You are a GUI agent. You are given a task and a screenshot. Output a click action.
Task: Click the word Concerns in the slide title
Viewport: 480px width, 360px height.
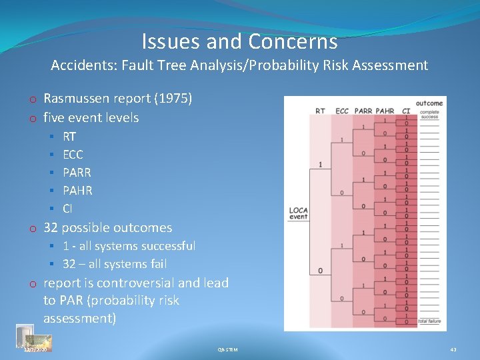[x=293, y=42]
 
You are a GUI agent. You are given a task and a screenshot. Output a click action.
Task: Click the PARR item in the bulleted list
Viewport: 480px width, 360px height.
[x=77, y=172]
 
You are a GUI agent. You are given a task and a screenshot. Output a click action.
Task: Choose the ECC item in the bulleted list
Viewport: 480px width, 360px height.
[x=73, y=154]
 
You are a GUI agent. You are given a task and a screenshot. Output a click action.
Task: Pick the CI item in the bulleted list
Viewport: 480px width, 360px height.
[x=69, y=208]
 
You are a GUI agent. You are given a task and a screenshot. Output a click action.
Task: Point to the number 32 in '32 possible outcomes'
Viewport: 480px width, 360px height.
[x=51, y=227]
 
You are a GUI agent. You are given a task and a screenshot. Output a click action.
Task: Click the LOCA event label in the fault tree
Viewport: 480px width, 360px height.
[x=298, y=213]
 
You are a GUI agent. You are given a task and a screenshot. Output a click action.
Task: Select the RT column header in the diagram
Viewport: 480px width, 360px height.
[x=320, y=111]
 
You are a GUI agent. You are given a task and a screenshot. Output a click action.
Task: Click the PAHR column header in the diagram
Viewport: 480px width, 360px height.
[x=385, y=111]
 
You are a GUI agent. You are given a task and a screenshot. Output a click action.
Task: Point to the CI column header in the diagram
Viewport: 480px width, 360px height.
[x=405, y=111]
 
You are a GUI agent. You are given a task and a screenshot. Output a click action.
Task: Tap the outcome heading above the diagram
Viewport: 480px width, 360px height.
[x=429, y=103]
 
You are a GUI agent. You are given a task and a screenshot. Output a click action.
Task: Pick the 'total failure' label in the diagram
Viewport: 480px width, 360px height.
[x=429, y=321]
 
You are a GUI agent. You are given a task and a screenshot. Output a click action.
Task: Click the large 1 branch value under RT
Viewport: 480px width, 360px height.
[x=320, y=164]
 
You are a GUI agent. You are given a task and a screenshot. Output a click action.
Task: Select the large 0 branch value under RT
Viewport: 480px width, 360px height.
[x=320, y=270]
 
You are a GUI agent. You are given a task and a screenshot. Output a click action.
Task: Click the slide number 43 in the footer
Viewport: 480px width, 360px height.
[x=453, y=349]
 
